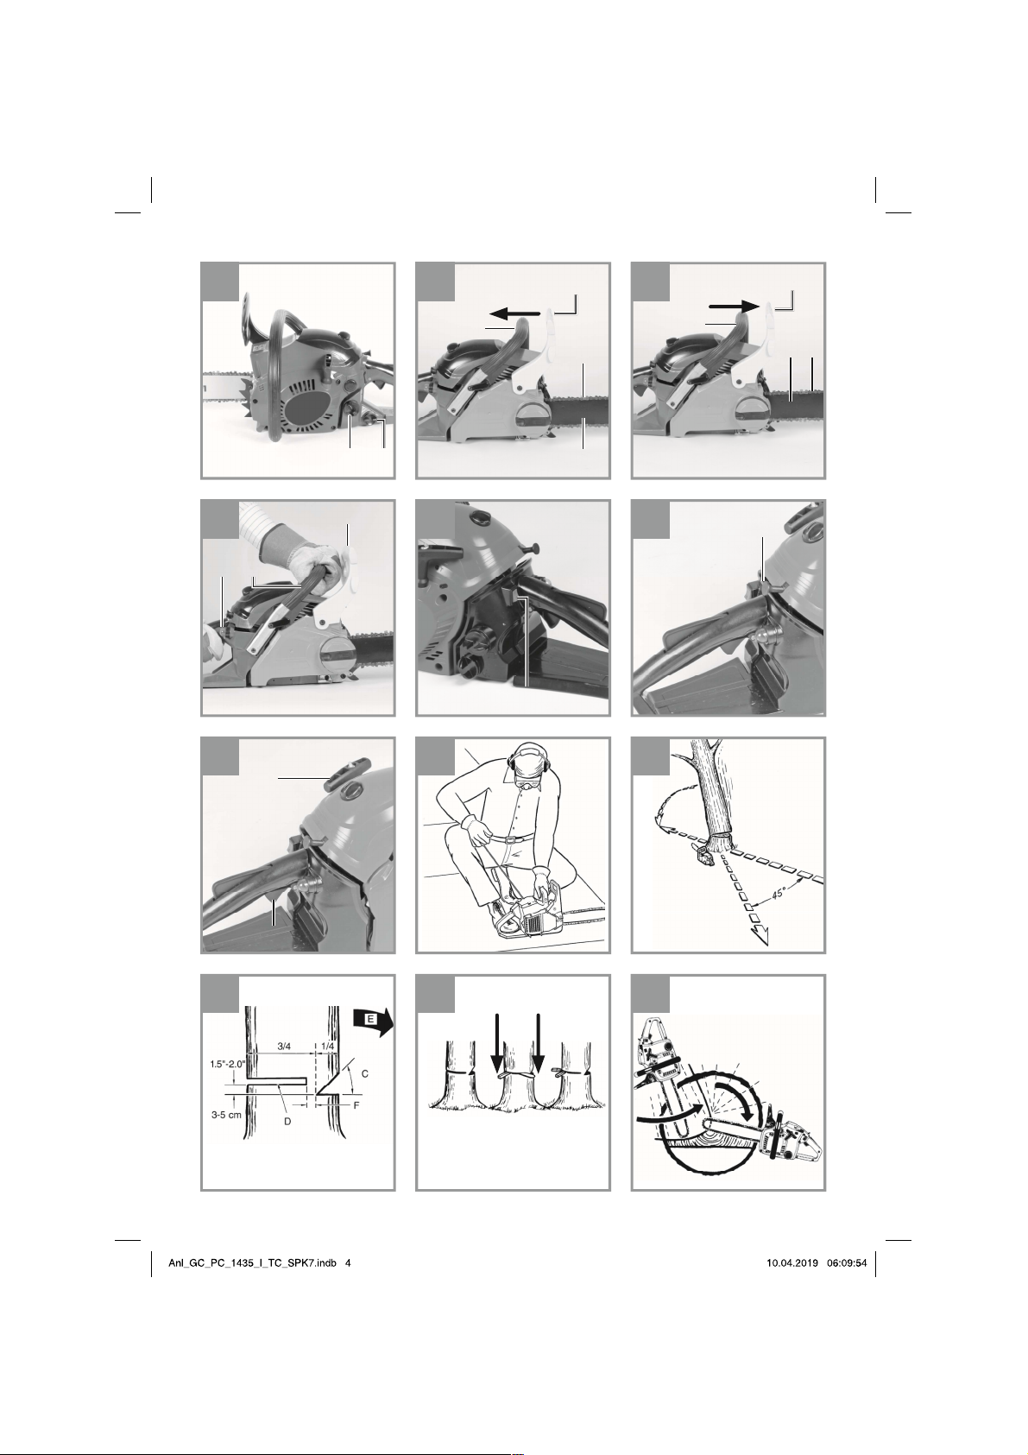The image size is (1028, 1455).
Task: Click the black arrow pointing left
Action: pyautogui.click(x=515, y=314)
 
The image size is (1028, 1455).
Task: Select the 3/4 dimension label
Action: pyautogui.click(x=284, y=1047)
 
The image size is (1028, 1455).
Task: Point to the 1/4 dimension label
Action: pyautogui.click(x=328, y=1047)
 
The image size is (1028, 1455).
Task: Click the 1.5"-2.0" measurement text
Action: pyautogui.click(x=228, y=1064)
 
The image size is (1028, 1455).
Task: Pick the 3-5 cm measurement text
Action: pyautogui.click(x=227, y=1114)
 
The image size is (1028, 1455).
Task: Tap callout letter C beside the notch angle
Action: pyautogui.click(x=365, y=1074)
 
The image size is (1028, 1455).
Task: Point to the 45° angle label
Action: pyautogui.click(x=779, y=893)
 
